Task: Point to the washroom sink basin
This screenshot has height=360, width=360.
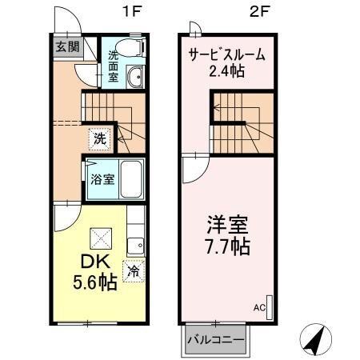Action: (135, 77)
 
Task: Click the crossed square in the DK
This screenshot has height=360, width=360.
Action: (100, 237)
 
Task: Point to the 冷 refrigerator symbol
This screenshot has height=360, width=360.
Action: (134, 270)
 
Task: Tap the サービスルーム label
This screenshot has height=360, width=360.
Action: (226, 56)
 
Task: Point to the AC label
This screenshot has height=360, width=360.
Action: (260, 306)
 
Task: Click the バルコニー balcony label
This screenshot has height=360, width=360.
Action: (215, 338)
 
